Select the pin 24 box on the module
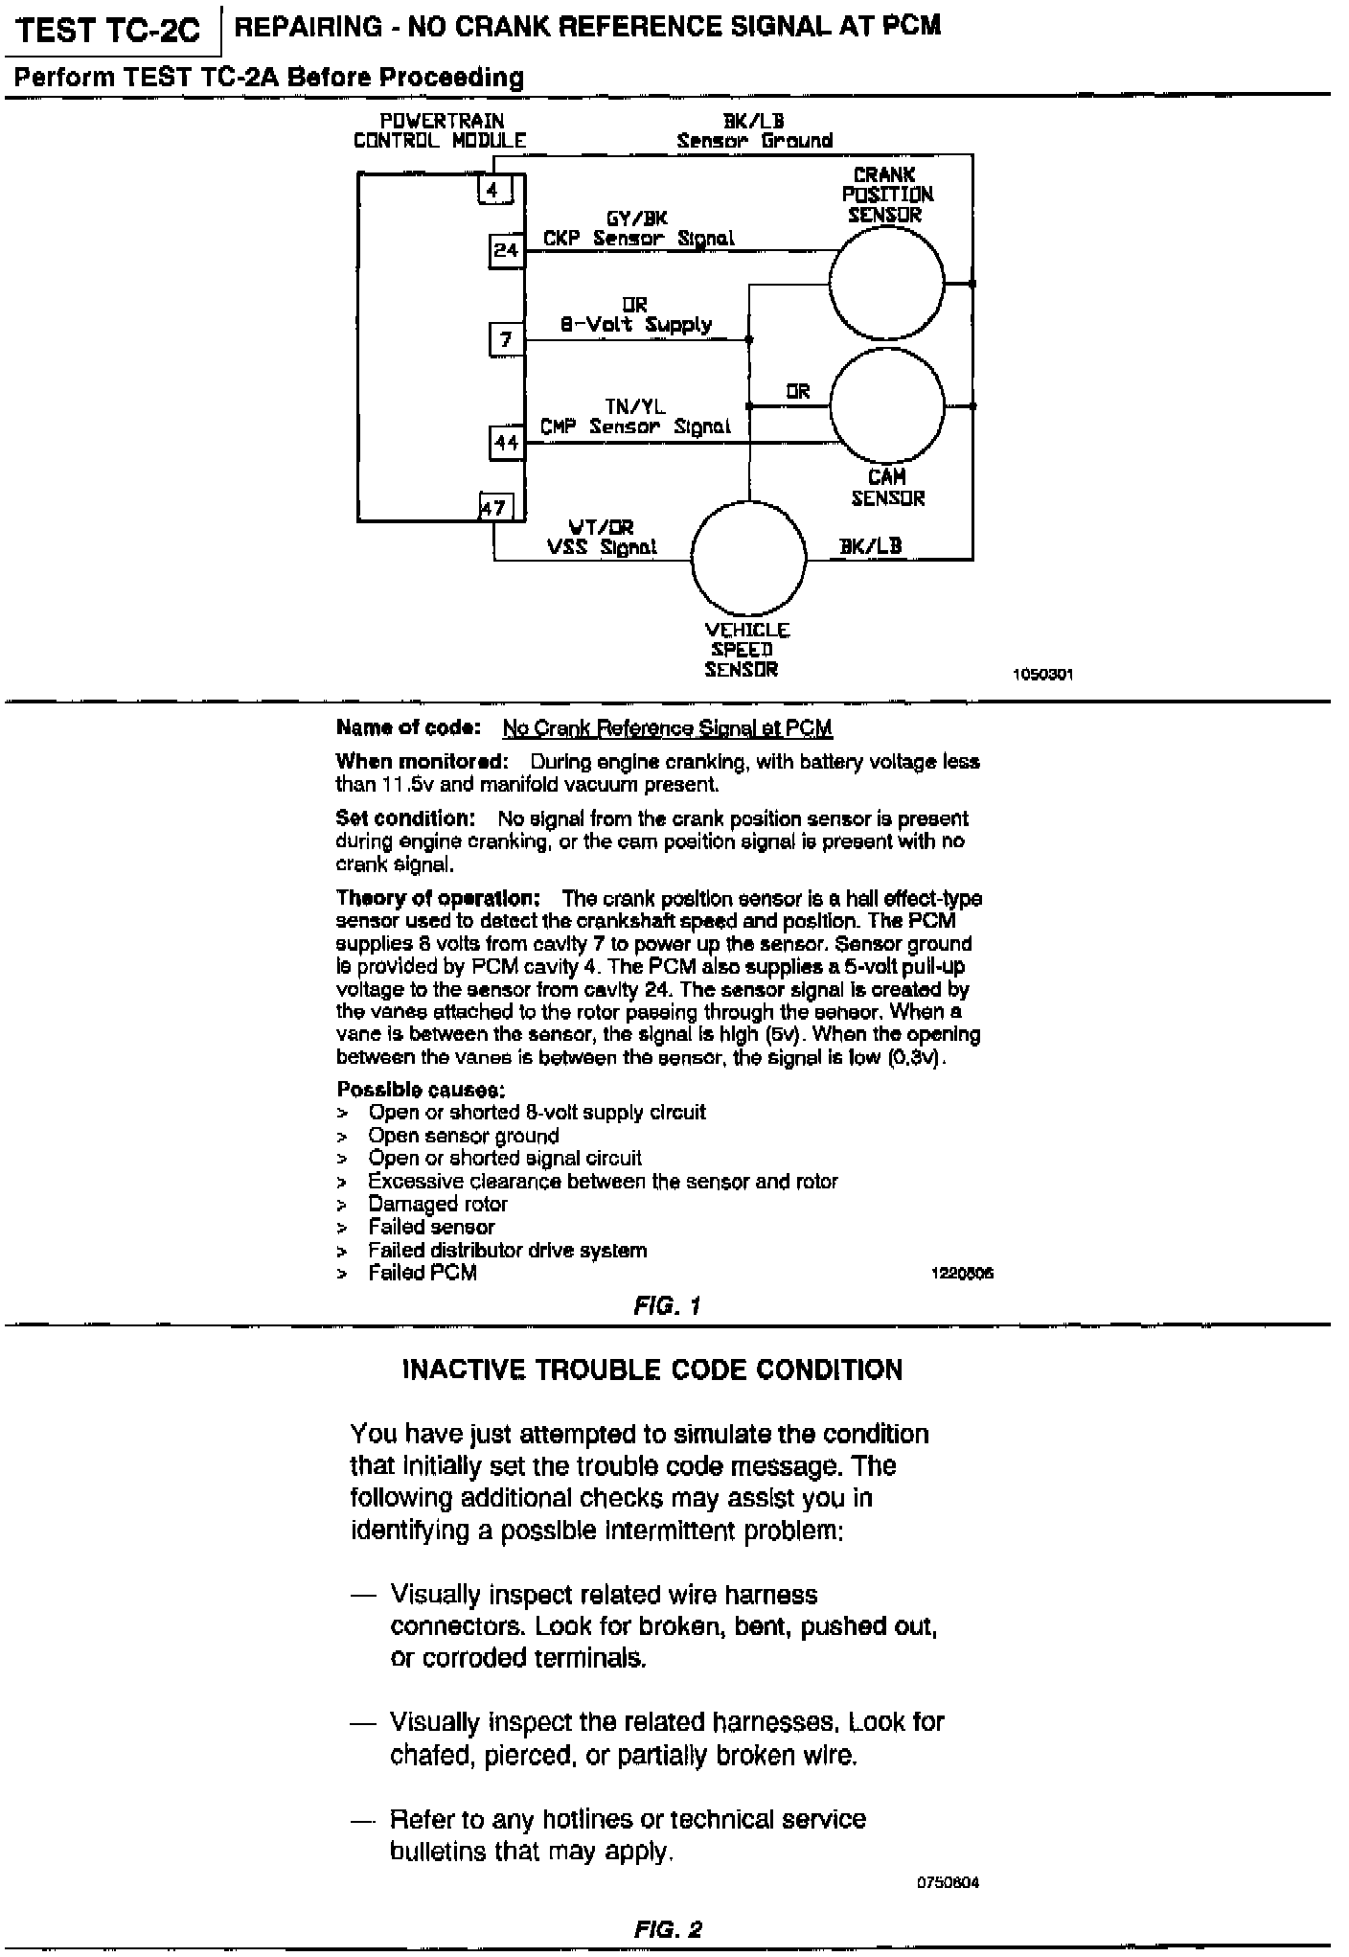506,250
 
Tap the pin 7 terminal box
506,339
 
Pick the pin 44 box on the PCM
506,443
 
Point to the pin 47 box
494,508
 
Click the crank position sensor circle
886,284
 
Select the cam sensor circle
886,406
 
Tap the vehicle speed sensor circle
748,558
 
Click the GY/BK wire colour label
636,219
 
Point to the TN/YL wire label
634,407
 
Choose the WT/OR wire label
601,527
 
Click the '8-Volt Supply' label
636,325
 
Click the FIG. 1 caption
667,1305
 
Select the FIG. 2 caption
668,1928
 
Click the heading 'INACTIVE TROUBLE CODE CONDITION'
652,1370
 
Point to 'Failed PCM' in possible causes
423,1273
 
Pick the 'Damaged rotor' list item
438,1204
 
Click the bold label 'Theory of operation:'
438,898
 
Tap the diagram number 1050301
1042,674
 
